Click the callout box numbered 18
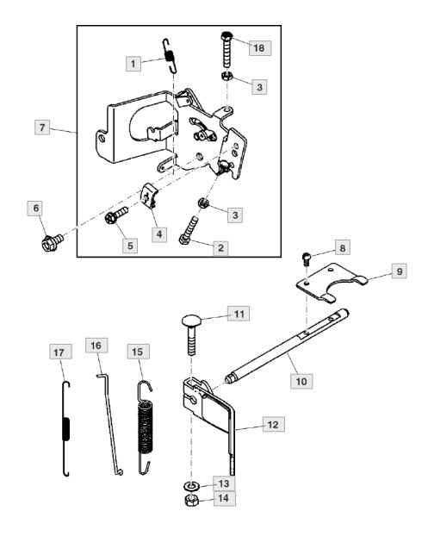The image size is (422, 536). click(260, 48)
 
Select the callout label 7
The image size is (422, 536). click(42, 128)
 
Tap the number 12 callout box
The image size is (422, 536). click(273, 424)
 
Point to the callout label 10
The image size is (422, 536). click(301, 381)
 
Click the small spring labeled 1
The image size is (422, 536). click(170, 56)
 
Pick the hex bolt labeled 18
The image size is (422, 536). click(228, 50)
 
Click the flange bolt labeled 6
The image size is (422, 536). click(53, 242)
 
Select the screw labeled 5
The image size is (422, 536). click(116, 215)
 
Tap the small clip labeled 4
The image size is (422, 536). click(149, 196)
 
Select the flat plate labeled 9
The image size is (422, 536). click(331, 283)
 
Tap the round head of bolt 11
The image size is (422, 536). click(191, 321)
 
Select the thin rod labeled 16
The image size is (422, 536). click(109, 424)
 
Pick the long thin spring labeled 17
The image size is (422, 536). click(66, 428)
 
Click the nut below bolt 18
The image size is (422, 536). click(226, 76)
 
